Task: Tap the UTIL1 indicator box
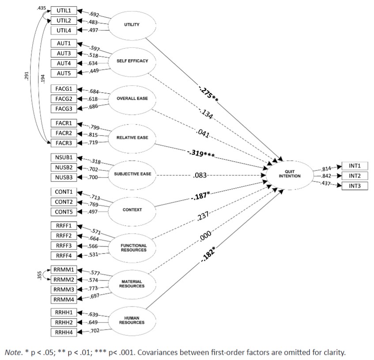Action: click(64, 10)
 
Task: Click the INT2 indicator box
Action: click(355, 176)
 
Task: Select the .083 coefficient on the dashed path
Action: click(199, 175)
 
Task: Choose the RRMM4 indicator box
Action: click(64, 299)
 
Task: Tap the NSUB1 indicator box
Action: click(64, 157)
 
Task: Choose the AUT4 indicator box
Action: click(64, 63)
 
